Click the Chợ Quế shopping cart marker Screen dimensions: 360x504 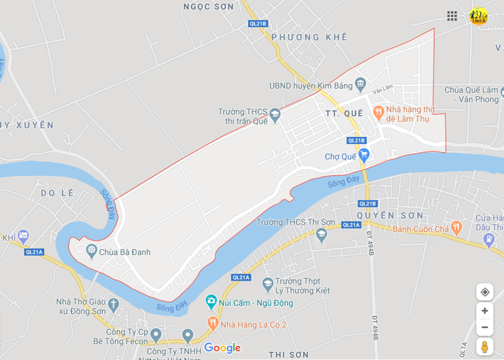pyautogui.click(x=365, y=154)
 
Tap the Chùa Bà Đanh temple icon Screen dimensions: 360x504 pyautogui.click(x=91, y=250)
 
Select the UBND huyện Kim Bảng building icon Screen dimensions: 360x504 pyautogui.click(x=360, y=83)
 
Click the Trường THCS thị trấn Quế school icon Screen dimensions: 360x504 pyautogui.click(x=274, y=114)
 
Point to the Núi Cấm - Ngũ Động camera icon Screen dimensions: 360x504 pyautogui.click(x=211, y=302)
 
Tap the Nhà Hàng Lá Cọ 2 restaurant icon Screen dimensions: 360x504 pyautogui.click(x=212, y=323)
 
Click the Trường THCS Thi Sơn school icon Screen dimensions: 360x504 pyautogui.click(x=322, y=234)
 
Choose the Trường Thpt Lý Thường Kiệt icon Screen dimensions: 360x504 pyautogui.click(x=268, y=284)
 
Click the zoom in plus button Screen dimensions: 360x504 pyautogui.click(x=485, y=311)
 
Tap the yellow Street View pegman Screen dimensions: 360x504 pyautogui.click(x=485, y=346)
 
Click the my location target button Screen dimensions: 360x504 pyautogui.click(x=485, y=291)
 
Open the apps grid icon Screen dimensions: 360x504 pyautogui.click(x=452, y=16)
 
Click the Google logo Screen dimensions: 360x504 pyautogui.click(x=222, y=348)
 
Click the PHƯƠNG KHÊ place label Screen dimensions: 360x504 pyautogui.click(x=309, y=37)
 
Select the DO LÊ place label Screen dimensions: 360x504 pyautogui.click(x=57, y=193)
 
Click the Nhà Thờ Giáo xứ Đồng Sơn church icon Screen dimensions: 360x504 pyautogui.click(x=113, y=305)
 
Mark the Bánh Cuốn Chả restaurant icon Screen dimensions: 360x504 pyautogui.click(x=456, y=227)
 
